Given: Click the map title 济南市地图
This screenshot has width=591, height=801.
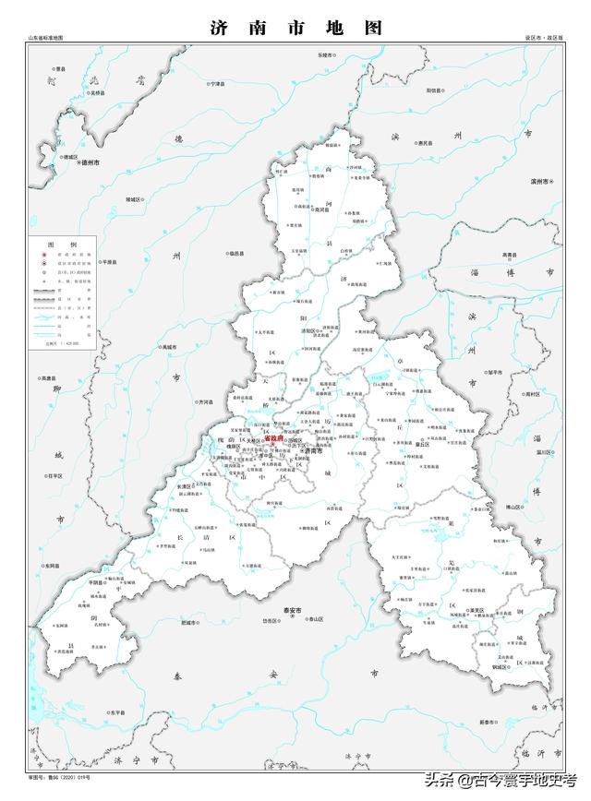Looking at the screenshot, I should click(x=295, y=28).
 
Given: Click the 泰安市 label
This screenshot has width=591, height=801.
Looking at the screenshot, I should click(x=318, y=610).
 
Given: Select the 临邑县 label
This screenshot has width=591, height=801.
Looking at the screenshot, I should click(x=235, y=252).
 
